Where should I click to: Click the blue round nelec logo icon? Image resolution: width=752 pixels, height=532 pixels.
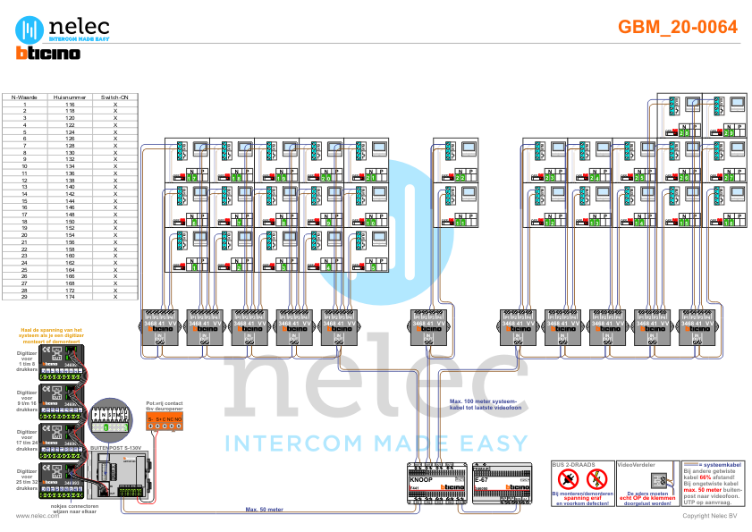click(30, 30)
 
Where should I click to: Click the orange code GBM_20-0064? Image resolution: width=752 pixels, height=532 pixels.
click(678, 28)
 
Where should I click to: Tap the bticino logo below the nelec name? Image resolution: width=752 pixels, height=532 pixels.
click(48, 54)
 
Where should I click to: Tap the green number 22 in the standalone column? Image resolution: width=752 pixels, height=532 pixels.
click(459, 178)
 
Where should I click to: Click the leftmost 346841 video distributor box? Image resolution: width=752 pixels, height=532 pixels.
click(160, 327)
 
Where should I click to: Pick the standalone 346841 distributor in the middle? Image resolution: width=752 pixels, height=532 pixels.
click(429, 327)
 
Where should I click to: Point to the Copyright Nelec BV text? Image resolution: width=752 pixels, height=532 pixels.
click(710, 516)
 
